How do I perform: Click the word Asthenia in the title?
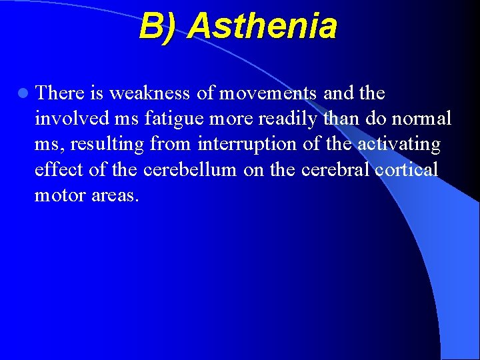[262, 27]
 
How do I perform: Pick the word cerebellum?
[189, 169]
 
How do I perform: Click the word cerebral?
[336, 169]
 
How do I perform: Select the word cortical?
[407, 169]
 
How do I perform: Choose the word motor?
[59, 195]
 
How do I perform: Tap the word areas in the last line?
[115, 195]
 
